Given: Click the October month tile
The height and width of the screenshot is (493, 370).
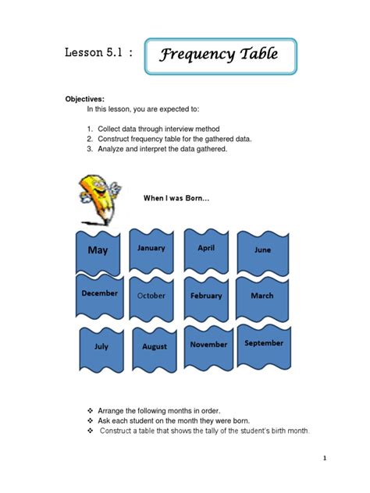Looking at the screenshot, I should pos(151,296).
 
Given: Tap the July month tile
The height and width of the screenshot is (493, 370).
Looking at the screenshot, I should pos(101,346).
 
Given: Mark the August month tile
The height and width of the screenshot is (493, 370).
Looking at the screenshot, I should pos(155,346).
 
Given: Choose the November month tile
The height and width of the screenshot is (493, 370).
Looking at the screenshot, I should pos(208,344).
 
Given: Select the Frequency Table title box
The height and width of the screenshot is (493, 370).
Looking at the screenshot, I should pos(221,55).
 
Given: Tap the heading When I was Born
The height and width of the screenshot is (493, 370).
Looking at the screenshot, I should pos(176,198).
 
